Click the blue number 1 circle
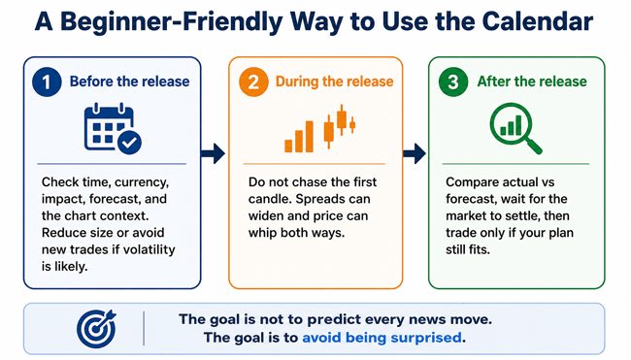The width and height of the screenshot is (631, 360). point(47,82)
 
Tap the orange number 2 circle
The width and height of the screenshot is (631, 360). point(253,82)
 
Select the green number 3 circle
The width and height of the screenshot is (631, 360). point(453,82)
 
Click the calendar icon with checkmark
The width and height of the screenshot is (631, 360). point(113,129)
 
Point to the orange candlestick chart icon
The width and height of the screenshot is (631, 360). point(320,129)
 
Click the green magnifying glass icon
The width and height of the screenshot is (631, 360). point(515,129)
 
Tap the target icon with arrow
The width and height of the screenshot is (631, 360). point(96,329)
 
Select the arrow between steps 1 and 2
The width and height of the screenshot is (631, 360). point(213,153)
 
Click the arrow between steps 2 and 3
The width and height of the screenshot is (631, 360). point(415,153)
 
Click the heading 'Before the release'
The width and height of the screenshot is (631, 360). point(129,82)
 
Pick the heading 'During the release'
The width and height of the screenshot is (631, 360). point(334,82)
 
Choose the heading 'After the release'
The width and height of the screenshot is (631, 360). point(532,82)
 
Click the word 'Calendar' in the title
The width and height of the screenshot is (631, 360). point(538,21)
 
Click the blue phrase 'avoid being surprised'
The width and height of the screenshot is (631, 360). point(382,337)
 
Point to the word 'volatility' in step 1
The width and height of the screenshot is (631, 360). point(149,249)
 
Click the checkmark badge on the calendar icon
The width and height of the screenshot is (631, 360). point(129,143)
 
